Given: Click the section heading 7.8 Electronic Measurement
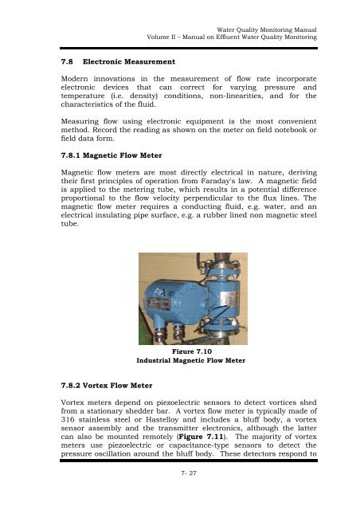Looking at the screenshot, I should (112, 61).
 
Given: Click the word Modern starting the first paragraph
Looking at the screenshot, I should (68, 83).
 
